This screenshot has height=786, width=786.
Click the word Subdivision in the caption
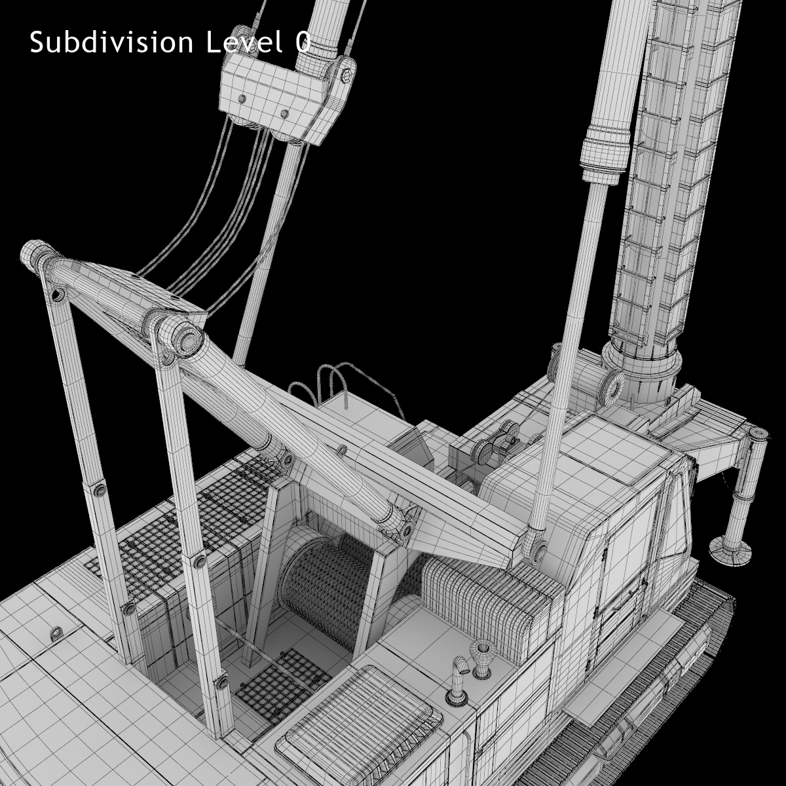click(111, 43)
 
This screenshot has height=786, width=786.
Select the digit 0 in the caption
click(302, 43)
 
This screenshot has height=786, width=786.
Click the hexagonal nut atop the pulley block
click(348, 70)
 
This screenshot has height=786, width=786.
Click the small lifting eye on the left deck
click(57, 633)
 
